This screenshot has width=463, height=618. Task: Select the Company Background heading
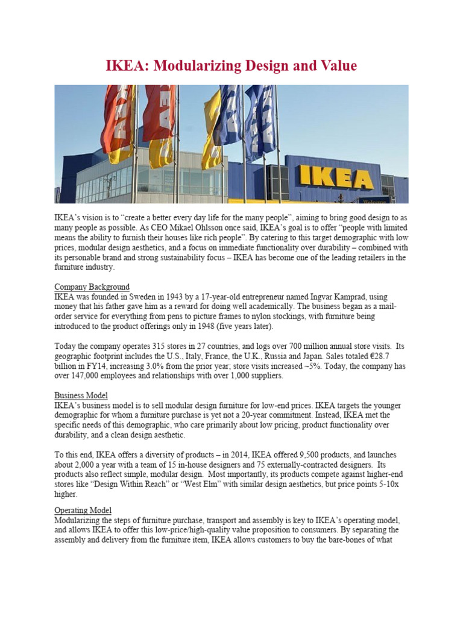coord(92,287)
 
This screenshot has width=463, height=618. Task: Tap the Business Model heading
coord(81,395)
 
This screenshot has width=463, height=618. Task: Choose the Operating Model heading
coord(83,510)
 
